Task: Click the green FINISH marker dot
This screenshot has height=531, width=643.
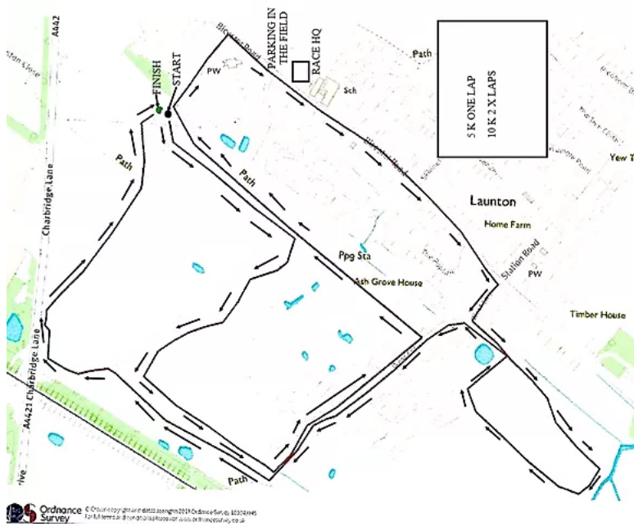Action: pyautogui.click(x=159, y=110)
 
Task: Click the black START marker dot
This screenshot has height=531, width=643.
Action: pyautogui.click(x=168, y=114)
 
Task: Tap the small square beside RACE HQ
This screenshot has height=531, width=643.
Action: pyautogui.click(x=300, y=72)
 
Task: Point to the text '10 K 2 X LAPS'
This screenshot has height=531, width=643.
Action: pyautogui.click(x=493, y=88)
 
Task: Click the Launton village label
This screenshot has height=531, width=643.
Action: pyautogui.click(x=492, y=200)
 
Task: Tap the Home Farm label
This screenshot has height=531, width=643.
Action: pyautogui.click(x=507, y=224)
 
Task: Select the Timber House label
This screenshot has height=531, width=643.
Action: pyautogui.click(x=598, y=315)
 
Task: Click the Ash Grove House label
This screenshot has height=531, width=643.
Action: pyautogui.click(x=388, y=283)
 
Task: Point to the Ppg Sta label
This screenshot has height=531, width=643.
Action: pyautogui.click(x=355, y=256)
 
